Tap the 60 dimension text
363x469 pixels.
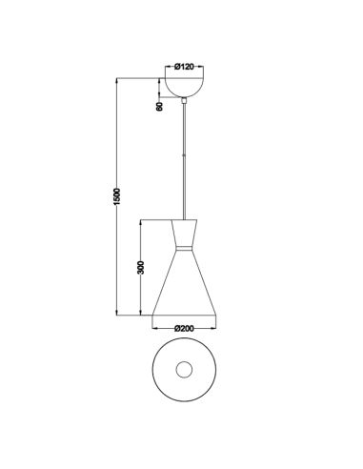pos(160,106)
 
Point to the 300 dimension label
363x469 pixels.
pos(140,267)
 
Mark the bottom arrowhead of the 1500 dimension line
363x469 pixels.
pos(117,315)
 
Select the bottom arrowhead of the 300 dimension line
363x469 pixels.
pos(143,315)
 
